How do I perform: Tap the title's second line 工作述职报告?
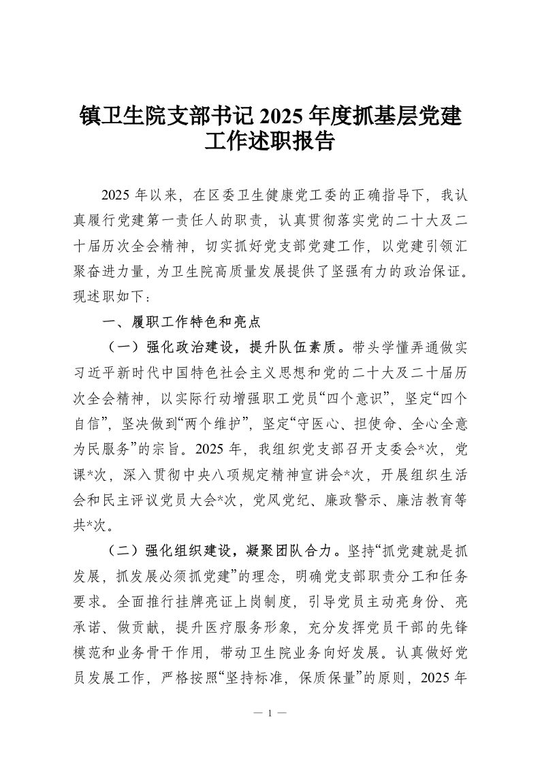270,141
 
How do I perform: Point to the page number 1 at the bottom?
270,713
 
